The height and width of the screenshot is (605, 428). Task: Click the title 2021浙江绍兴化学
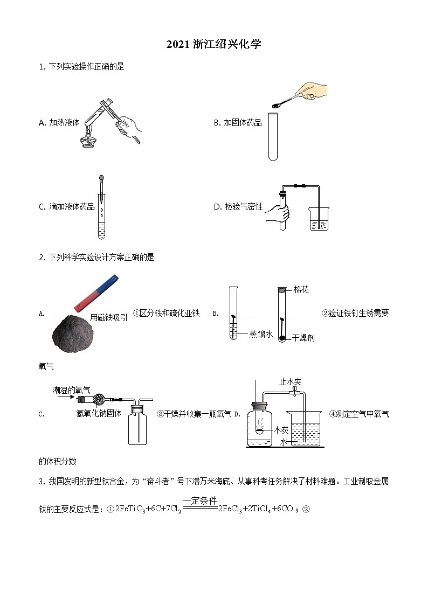(x=214, y=45)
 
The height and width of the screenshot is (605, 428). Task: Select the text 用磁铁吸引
(x=109, y=317)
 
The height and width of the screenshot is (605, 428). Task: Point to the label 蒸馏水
(x=260, y=334)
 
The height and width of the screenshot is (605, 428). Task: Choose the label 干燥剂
(x=303, y=337)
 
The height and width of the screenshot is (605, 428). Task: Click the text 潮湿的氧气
(x=72, y=390)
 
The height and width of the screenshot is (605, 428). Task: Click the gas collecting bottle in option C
(x=137, y=428)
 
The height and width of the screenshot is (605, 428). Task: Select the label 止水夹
(x=290, y=381)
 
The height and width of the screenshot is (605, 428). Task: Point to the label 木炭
(x=280, y=429)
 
